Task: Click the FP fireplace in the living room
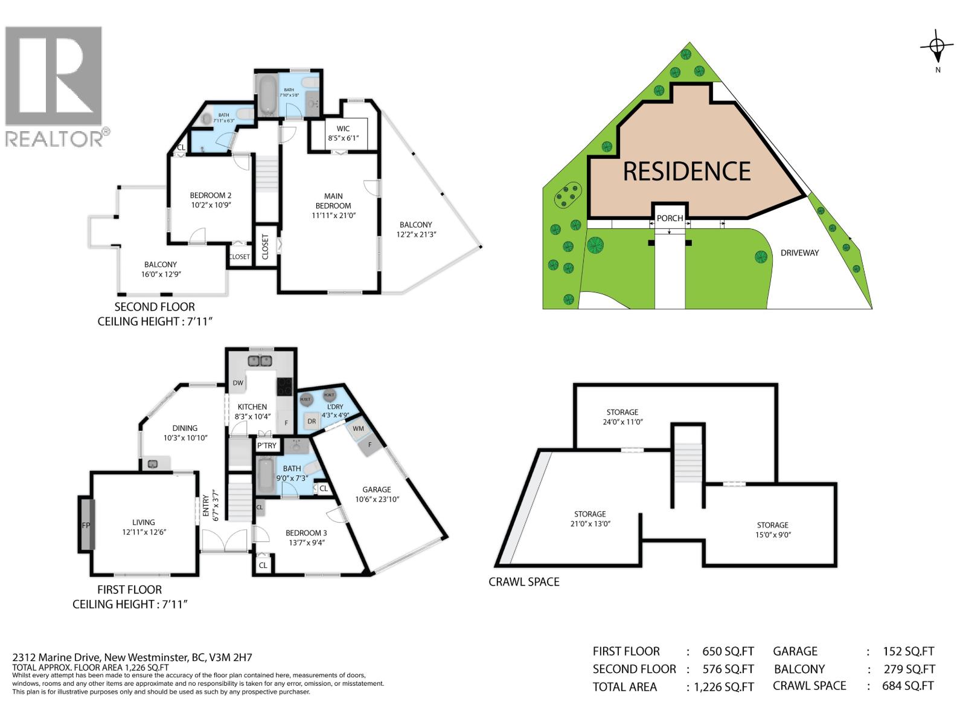click(86, 524)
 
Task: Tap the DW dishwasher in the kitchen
click(238, 383)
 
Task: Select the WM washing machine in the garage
click(358, 429)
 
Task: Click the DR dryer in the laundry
click(312, 421)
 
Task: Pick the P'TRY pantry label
click(266, 446)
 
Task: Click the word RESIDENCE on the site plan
click(686, 172)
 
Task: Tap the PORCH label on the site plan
click(670, 218)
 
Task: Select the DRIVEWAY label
click(799, 253)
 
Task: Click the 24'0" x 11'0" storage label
click(622, 417)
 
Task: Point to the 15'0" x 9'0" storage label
click(772, 530)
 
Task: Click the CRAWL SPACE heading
click(523, 582)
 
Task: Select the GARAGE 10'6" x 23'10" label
click(376, 494)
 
